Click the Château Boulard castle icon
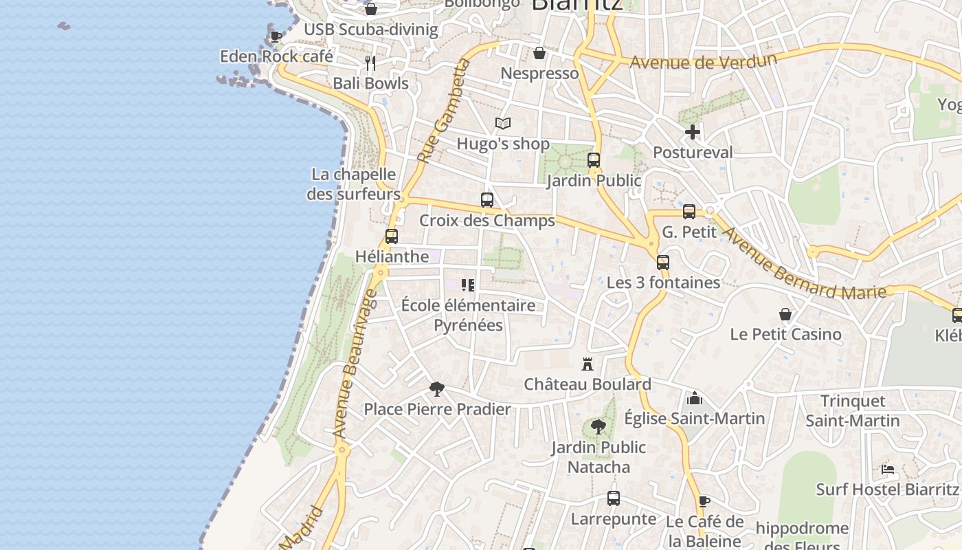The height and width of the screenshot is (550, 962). tap(587, 364)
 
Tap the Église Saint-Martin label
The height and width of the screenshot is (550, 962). tap(694, 418)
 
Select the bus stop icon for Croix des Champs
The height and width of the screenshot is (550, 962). tap(487, 200)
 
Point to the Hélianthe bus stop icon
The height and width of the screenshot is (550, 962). tap(392, 236)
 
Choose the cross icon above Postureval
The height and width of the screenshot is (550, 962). tap(693, 132)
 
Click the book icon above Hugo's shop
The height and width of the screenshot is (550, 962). tap(503, 124)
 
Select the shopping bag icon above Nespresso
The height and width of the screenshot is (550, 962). tap(539, 53)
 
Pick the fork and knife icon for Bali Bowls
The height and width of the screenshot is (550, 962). tap(370, 63)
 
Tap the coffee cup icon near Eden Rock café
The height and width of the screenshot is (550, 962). tap(276, 36)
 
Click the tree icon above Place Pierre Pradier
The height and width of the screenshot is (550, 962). tap(437, 389)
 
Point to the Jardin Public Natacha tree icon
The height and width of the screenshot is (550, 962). tap(599, 427)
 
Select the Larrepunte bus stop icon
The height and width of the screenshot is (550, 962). tap(614, 498)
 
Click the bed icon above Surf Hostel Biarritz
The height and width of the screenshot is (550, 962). tap(888, 470)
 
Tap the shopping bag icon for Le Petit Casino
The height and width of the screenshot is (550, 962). tap(785, 314)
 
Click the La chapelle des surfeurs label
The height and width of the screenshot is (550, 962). tap(353, 184)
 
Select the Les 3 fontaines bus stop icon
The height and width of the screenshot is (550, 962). tap(663, 263)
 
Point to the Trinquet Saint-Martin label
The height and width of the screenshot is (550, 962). tap(853, 410)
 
